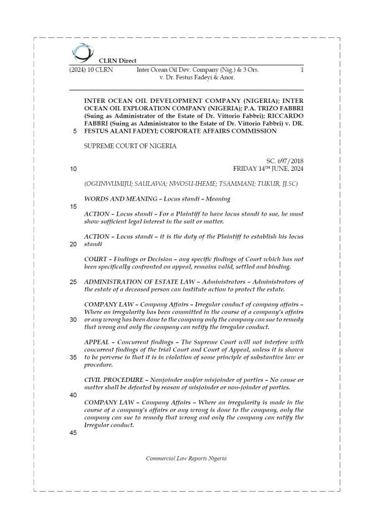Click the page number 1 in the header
(x=301, y=72)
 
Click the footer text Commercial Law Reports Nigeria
(x=186, y=458)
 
